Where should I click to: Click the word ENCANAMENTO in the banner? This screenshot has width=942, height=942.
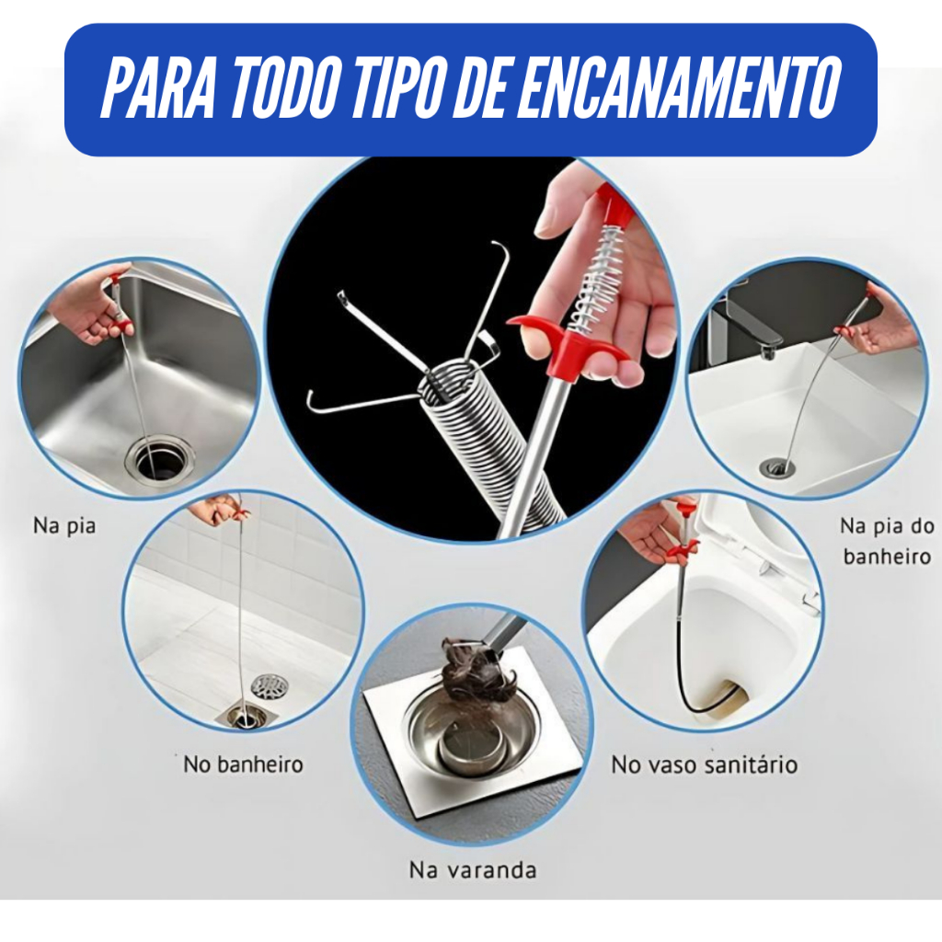pos(678,89)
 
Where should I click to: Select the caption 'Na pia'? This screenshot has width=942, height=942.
pos(64,526)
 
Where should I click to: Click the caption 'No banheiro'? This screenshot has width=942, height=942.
pos(243,764)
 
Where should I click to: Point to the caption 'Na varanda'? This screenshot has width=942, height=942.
pos(473,870)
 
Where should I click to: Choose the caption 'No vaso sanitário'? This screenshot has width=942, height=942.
pos(704,764)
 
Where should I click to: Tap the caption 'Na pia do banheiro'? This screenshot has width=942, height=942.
pos(888,541)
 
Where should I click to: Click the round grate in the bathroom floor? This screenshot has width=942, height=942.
pos(270,686)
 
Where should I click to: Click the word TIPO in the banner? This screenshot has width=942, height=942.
pos(400,89)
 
